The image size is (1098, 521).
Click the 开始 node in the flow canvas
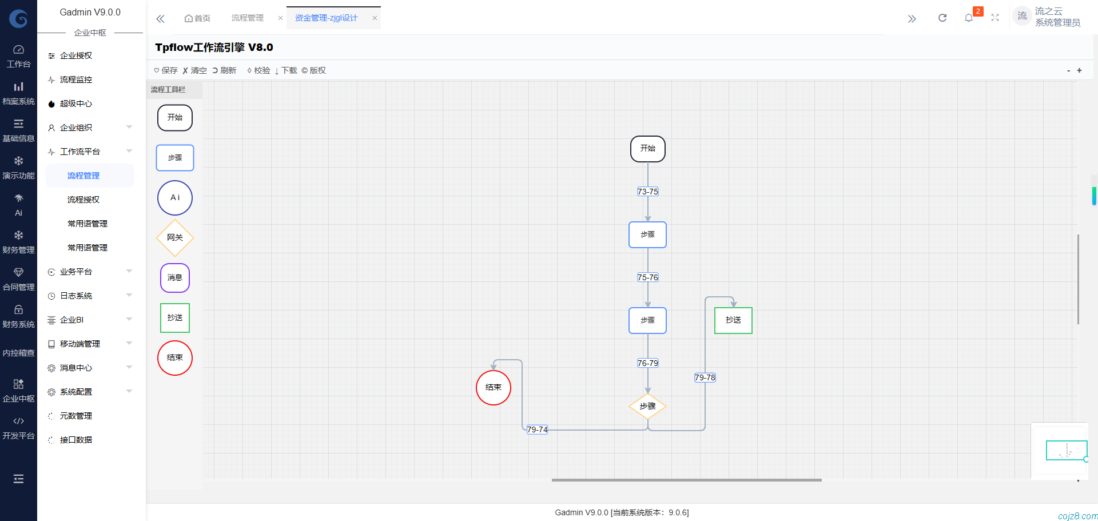coord(647,149)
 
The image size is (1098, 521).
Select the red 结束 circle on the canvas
coord(493,388)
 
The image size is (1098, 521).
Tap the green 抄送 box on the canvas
coord(733,320)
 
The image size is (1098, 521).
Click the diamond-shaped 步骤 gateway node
coord(647,406)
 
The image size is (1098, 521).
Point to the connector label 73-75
coord(647,192)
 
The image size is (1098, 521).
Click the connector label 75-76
coord(647,277)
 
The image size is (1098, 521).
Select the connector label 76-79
coord(647,363)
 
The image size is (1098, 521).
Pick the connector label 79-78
coord(705,377)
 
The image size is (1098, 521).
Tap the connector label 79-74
coord(537,429)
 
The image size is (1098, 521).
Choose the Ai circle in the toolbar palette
coord(175,198)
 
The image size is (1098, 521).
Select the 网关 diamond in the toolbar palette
coord(175,238)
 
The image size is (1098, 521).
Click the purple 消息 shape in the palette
coord(175,278)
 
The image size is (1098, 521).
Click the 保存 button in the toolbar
coord(166,70)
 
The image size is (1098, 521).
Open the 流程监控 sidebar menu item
coord(76,79)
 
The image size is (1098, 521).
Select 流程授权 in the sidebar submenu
coord(83,200)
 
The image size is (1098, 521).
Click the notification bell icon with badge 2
coord(969,18)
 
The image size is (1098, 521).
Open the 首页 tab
coord(198,18)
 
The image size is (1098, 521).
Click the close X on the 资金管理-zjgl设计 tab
coord(375,18)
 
